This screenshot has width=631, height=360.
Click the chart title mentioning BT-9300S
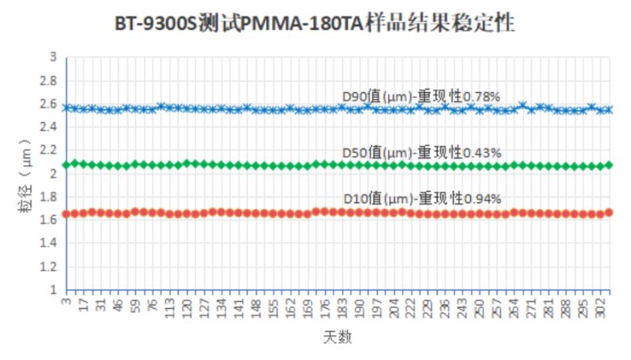tap(315, 24)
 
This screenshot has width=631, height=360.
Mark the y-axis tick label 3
tap(53, 57)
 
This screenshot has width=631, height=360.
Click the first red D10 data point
tap(66, 214)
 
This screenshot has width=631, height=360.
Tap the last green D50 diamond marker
tap(609, 165)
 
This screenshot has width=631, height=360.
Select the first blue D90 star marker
tap(66, 108)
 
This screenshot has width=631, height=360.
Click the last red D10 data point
tap(609, 213)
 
